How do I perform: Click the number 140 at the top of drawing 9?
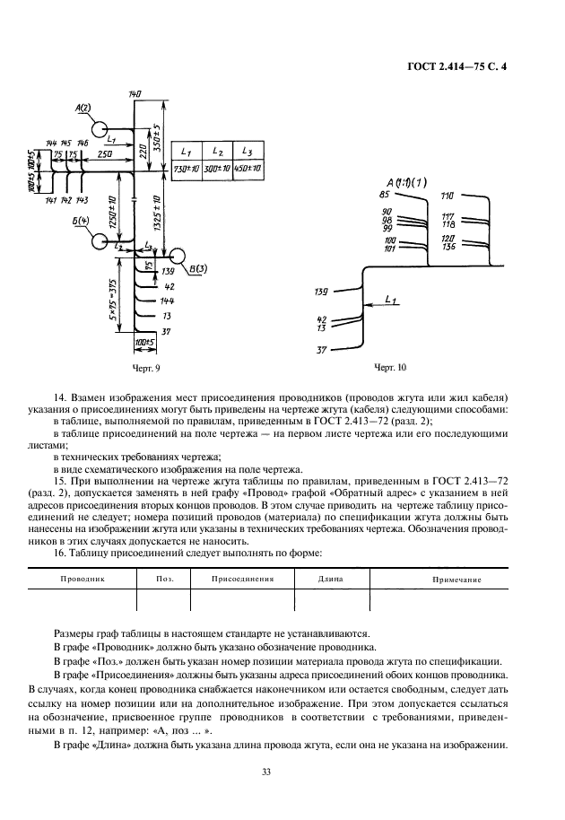pos(136,94)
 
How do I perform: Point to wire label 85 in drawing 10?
pos(384,195)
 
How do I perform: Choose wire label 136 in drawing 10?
pos(448,246)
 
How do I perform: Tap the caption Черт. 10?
pos(389,368)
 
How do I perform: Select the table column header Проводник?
pos(83,580)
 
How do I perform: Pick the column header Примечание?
pos(456,580)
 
